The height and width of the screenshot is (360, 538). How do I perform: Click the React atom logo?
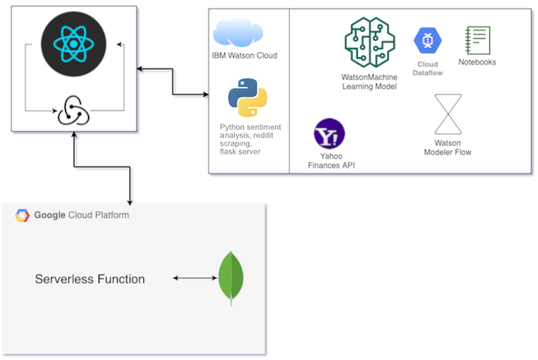[73, 44]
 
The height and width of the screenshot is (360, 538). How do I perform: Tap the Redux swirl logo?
[73, 110]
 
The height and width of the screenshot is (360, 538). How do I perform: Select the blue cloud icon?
[238, 32]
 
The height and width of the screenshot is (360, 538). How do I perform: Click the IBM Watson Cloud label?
[244, 55]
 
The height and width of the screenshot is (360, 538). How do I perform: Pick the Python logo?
[248, 98]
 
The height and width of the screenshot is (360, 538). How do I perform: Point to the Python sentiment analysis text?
[250, 139]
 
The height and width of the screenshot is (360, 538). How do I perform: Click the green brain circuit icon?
[370, 42]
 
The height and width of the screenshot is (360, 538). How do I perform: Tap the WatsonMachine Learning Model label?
[369, 81]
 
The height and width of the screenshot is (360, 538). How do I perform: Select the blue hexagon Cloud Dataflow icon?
[427, 41]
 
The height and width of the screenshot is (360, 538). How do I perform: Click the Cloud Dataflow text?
[427, 68]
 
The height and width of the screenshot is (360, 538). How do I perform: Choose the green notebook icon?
[477, 40]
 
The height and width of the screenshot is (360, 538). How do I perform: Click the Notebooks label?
[477, 62]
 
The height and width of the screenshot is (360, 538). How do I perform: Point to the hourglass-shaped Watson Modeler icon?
[448, 114]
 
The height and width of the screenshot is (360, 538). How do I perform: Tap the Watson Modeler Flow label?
[447, 148]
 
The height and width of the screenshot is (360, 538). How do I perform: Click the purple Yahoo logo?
[329, 134]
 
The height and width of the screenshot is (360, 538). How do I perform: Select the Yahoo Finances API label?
[331, 160]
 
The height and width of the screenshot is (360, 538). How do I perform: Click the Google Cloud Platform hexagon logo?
[22, 216]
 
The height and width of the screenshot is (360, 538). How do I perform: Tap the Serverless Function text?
[90, 279]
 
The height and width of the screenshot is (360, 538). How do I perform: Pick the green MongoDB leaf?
[231, 278]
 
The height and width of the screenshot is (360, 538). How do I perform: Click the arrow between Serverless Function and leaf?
[195, 278]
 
